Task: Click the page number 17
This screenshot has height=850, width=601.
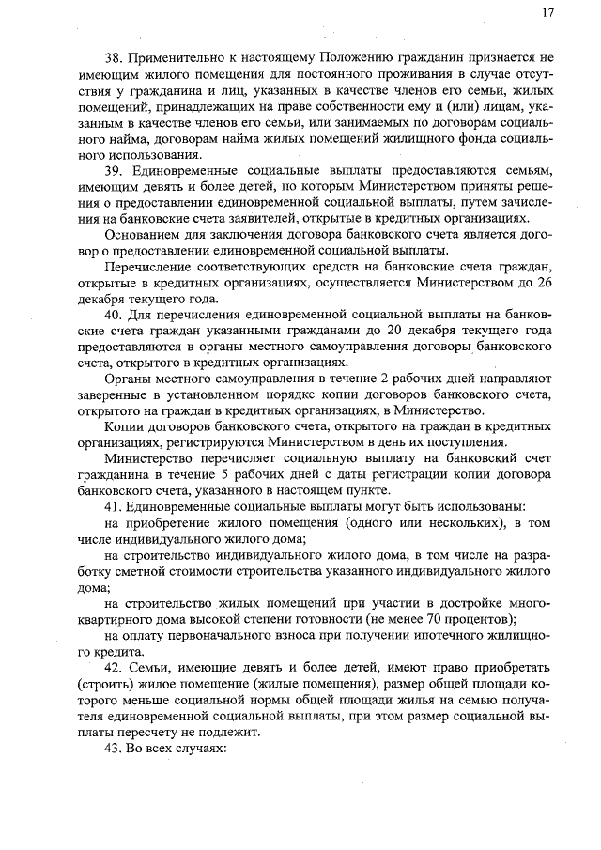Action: coord(547,13)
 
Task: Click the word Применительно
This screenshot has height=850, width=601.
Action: coord(179,58)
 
